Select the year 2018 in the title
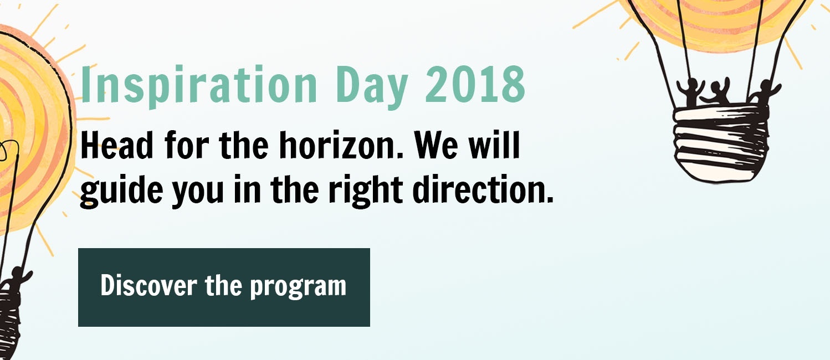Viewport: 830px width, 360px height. pyautogui.click(x=475, y=84)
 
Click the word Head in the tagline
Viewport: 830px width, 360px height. pyautogui.click(x=117, y=145)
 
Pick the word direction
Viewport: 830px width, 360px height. pyautogui.click(x=483, y=189)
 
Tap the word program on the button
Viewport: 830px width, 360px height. pyautogui.click(x=298, y=287)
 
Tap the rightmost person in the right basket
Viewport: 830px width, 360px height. pyautogui.click(x=764, y=92)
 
